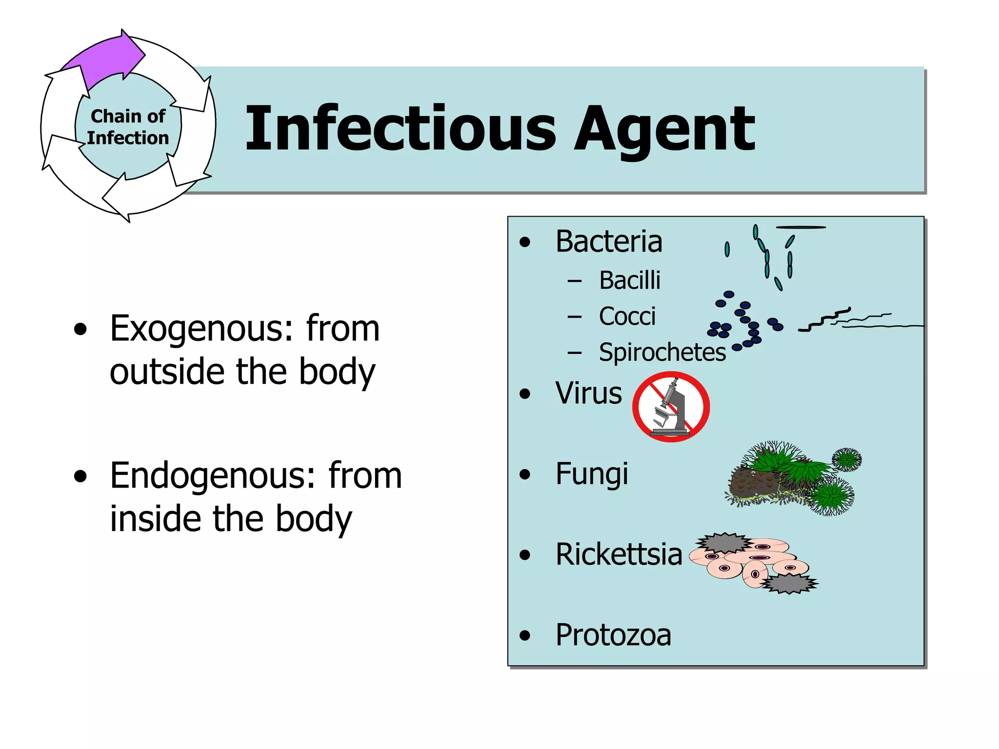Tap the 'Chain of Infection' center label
pos(128,127)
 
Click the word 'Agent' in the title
pos(664,130)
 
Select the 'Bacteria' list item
pos(609,241)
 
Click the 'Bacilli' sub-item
pos(630,280)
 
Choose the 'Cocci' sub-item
pos(627,316)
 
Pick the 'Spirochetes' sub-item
pos(662,352)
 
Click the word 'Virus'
pos(589,393)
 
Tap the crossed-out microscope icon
pos(671,407)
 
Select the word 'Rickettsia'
pos(619,554)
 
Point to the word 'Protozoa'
pos(613,635)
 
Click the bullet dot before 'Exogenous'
pos(80,330)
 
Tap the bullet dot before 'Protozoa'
pos(525,635)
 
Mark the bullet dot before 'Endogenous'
pos(80,477)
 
